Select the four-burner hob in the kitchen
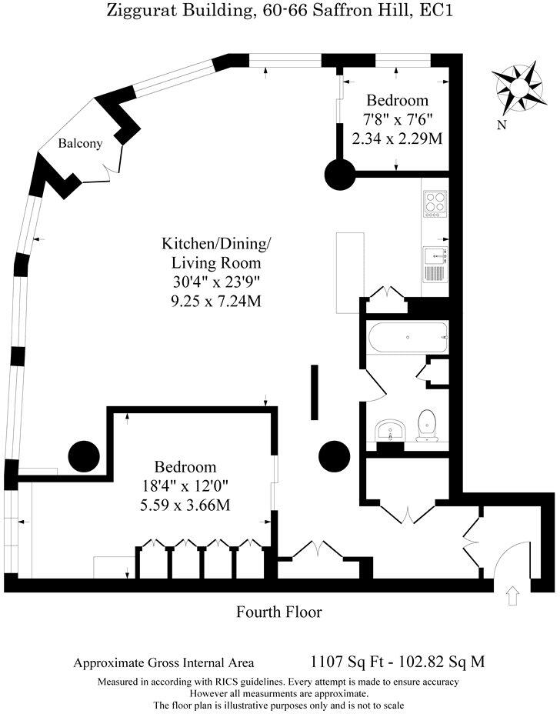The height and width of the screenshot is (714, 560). [435, 203]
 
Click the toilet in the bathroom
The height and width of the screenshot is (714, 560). [426, 425]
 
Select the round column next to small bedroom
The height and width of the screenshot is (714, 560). [338, 175]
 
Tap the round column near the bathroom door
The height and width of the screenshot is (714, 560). [334, 456]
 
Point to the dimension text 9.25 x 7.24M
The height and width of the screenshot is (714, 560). [215, 301]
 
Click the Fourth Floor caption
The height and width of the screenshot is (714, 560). [278, 612]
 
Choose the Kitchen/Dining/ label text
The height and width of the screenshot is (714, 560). [215, 245]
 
